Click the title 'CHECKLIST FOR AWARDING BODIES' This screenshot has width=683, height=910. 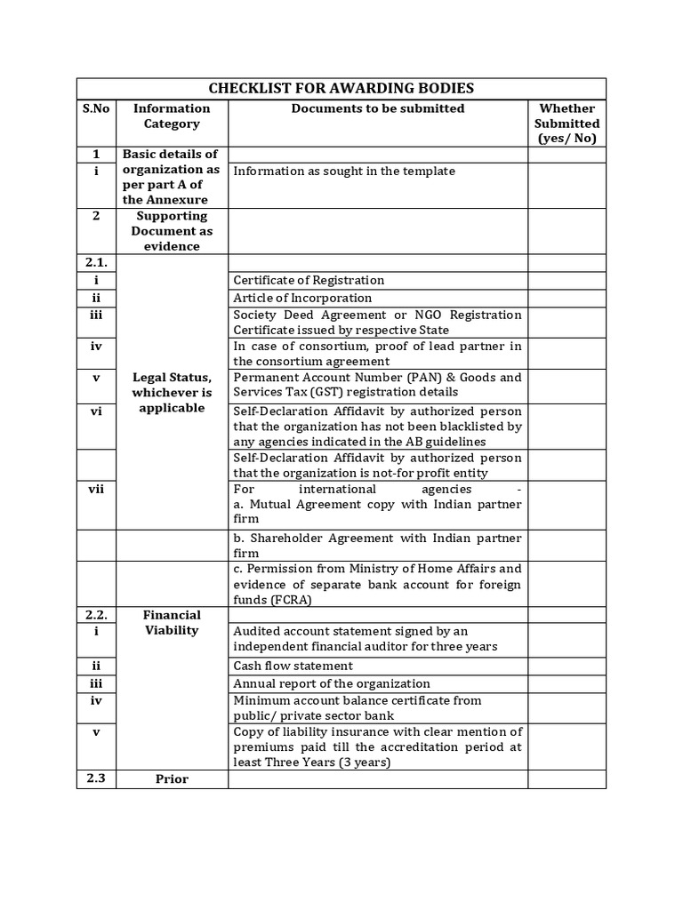[341, 88]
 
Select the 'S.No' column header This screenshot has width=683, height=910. [96, 108]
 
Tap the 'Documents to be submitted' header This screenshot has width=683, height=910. [378, 108]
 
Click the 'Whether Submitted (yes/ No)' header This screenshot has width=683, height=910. [566, 123]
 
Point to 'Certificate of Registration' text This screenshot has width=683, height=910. [309, 280]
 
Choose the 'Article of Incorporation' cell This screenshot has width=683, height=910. [302, 298]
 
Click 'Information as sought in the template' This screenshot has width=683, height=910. [343, 171]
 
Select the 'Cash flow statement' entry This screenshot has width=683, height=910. [293, 666]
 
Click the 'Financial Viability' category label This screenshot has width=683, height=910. [172, 622]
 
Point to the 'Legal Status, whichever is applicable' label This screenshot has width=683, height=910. [172, 393]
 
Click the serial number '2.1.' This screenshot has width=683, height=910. [96, 263]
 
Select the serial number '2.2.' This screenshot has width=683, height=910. [96, 615]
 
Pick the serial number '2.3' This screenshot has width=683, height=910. [96, 779]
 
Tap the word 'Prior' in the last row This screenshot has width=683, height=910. [172, 779]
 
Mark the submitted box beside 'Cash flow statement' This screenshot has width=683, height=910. [566, 666]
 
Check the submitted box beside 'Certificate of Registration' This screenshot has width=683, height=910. [566, 280]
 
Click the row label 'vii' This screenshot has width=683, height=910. [96, 490]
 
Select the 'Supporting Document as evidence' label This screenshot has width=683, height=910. [172, 231]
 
